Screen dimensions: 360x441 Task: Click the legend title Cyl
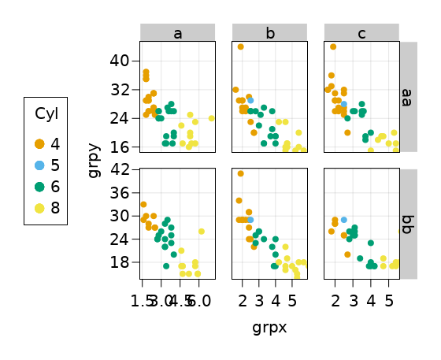(46, 114)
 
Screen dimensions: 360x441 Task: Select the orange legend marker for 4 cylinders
(39, 143)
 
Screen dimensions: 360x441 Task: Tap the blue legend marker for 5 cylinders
(39, 165)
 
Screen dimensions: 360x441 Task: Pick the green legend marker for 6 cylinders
(39, 187)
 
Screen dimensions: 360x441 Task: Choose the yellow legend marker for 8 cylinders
(39, 208)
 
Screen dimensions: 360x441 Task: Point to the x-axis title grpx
(269, 328)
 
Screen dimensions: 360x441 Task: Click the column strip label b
(269, 33)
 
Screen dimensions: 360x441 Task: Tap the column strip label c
(361, 33)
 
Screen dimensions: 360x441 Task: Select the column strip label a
(177, 33)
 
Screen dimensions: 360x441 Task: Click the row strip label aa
(408, 96)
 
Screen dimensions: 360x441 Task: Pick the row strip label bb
(408, 224)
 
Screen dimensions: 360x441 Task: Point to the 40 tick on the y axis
(120, 61)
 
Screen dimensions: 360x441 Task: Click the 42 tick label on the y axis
(120, 169)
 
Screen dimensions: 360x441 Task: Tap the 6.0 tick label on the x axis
(199, 300)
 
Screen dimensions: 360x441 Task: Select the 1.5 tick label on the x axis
(143, 300)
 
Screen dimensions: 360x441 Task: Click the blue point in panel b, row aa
(250, 101)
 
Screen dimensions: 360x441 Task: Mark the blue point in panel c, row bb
(344, 220)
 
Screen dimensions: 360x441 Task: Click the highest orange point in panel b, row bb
(241, 173)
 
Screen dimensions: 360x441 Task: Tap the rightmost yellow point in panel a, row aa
(212, 118)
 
